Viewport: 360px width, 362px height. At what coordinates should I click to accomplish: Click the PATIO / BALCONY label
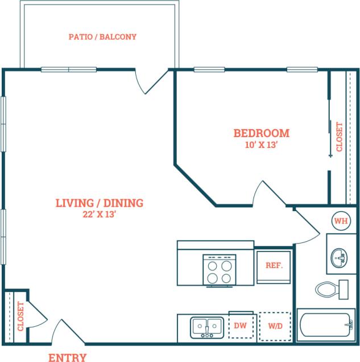102,37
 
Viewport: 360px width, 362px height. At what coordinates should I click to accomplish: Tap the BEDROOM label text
261,133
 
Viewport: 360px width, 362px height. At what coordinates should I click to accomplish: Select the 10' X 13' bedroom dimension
261,145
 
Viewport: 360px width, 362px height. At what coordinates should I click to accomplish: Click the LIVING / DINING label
99,203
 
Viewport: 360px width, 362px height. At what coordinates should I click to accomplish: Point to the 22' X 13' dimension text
99,215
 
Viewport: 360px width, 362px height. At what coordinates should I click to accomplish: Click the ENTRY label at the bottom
67,357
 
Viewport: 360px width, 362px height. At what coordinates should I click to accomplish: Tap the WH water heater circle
340,220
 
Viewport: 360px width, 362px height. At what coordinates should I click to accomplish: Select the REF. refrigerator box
274,266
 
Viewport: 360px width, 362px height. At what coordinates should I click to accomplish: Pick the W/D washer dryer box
275,327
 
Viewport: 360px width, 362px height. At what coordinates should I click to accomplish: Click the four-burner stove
219,270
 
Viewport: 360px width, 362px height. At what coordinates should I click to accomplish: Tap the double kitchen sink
207,327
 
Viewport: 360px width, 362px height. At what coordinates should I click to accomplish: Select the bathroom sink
340,258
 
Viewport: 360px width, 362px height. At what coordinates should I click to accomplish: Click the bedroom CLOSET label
340,137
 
